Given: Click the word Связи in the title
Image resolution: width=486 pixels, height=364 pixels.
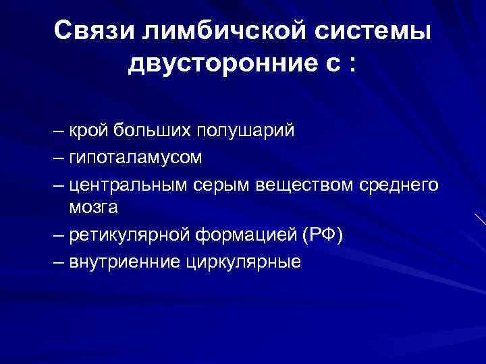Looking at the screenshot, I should click(90, 32).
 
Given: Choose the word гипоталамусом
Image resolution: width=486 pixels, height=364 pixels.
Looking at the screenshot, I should click(135, 157).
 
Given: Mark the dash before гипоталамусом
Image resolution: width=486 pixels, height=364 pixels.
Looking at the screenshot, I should click(58, 157).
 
